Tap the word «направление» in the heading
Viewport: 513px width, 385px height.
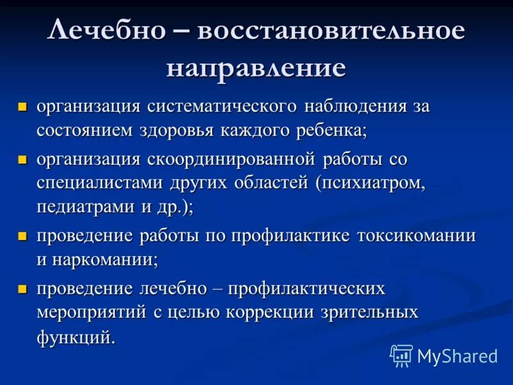coord(256,67)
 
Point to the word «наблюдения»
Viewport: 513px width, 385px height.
coord(355,106)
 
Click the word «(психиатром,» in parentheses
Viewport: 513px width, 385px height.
coord(370,182)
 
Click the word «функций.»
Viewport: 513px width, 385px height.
coord(76,338)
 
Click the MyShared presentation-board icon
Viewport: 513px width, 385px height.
coord(401,355)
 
